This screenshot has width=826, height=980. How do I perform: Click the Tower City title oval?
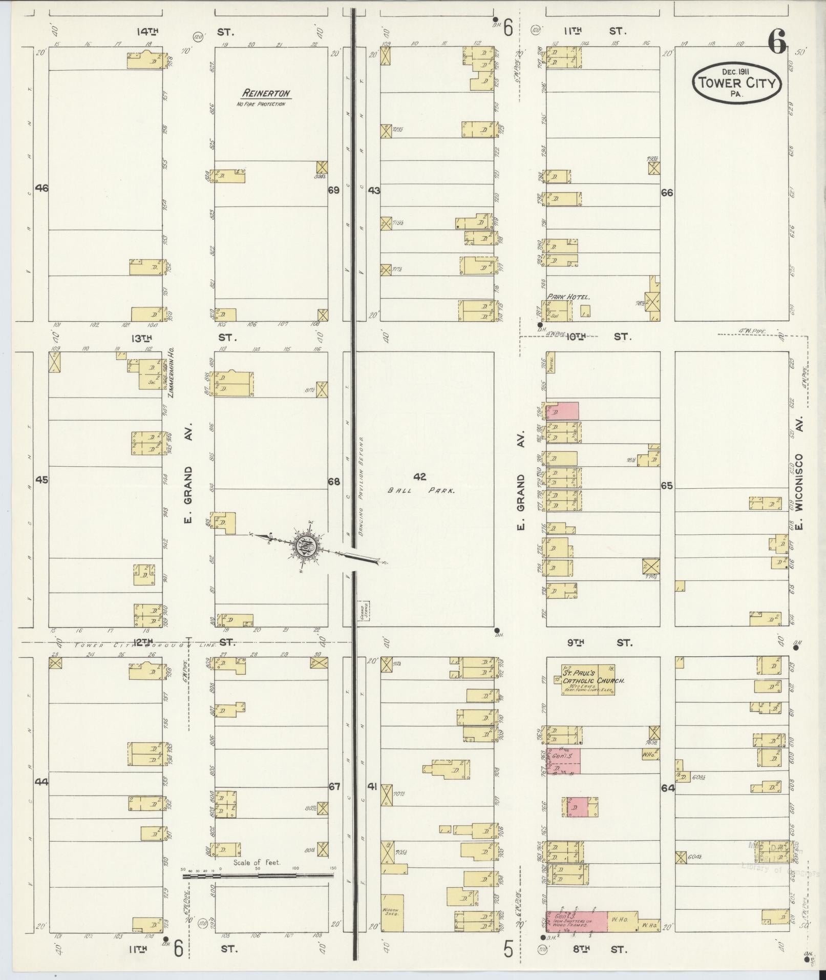tap(736, 82)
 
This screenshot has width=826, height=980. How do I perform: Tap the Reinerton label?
tap(266, 94)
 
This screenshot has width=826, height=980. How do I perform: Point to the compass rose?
tap(305, 547)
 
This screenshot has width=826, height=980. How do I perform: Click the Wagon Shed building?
tap(392, 911)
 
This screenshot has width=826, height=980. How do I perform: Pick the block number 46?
tap(41, 189)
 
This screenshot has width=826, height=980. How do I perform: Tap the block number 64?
tap(667, 788)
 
